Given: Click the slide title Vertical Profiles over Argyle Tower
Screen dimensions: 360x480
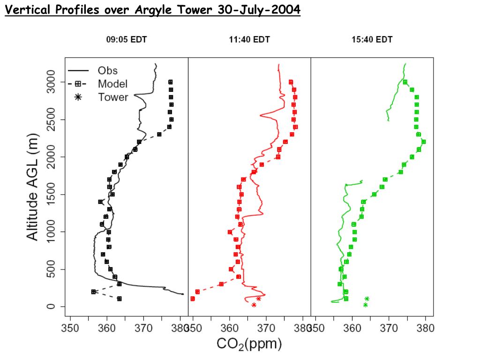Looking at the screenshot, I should click(x=152, y=10).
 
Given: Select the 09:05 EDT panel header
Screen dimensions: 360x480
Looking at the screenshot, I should click(x=127, y=40).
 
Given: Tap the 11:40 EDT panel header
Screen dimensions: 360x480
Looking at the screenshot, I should click(x=249, y=40).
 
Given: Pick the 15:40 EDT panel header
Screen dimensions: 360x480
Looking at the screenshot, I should click(x=372, y=40).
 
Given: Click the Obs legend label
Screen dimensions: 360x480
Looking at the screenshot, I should click(x=107, y=71).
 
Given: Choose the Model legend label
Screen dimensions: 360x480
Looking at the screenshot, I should click(x=112, y=84).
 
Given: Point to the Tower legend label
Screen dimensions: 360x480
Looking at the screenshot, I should click(x=112, y=97).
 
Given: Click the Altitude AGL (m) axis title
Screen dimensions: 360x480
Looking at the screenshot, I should click(x=33, y=187).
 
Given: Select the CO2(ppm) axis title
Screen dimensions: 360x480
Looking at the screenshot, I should click(x=249, y=345).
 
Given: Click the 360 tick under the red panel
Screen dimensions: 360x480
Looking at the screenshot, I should click(x=230, y=327).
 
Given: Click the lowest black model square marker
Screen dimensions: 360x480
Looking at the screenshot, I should click(x=119, y=299).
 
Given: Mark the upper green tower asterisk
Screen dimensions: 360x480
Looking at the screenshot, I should click(x=367, y=299).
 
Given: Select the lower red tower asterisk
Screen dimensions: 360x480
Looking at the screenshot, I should click(x=254, y=305).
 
